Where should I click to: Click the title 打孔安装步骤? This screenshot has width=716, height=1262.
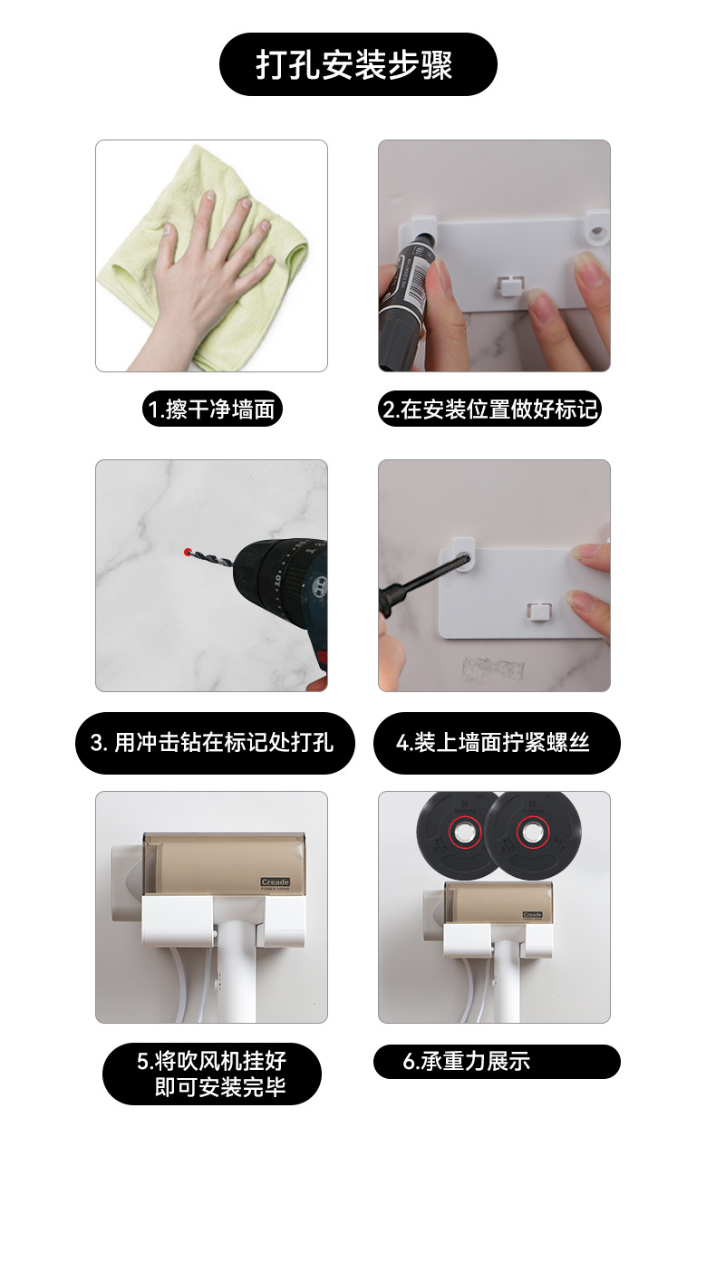(x=357, y=64)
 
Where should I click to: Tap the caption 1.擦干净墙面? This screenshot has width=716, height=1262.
(x=212, y=409)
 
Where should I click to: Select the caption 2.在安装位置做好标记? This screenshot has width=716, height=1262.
(x=490, y=409)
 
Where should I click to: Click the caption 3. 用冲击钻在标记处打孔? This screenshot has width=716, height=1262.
(x=214, y=743)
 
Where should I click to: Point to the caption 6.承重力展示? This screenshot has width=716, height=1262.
(x=496, y=1062)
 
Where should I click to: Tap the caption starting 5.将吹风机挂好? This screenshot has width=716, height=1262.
(x=212, y=1074)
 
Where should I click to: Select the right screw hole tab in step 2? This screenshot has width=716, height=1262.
(x=595, y=230)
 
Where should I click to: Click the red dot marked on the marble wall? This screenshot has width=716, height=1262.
(x=187, y=551)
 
